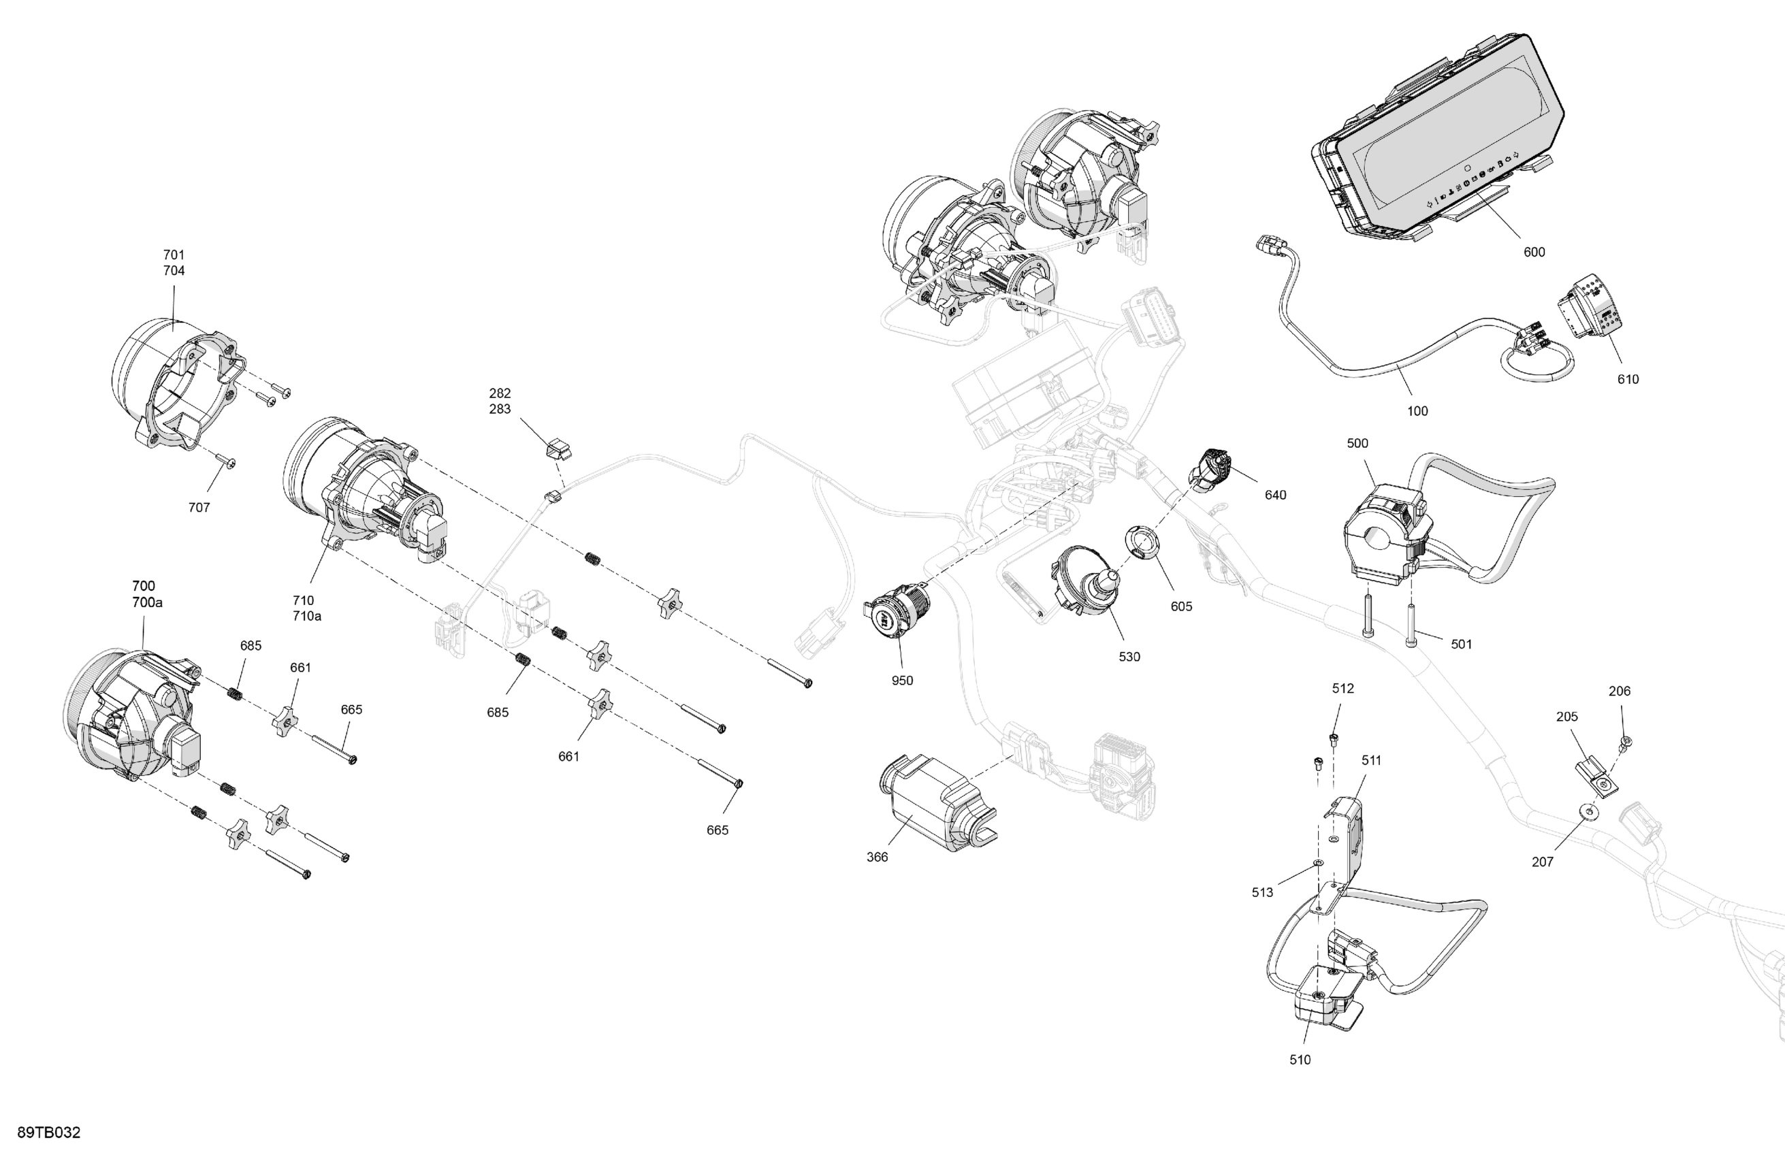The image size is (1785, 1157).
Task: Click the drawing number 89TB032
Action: pyautogui.click(x=49, y=1132)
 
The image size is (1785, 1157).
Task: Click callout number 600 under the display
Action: pyautogui.click(x=1534, y=252)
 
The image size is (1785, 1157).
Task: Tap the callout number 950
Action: pyautogui.click(x=901, y=681)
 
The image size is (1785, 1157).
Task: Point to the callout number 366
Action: pyautogui.click(x=877, y=857)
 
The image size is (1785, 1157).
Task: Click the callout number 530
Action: pyautogui.click(x=1129, y=657)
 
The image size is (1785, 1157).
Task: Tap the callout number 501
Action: pyautogui.click(x=1461, y=644)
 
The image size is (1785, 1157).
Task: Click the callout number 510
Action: pyautogui.click(x=1300, y=1060)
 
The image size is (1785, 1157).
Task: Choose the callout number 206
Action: pyautogui.click(x=1620, y=691)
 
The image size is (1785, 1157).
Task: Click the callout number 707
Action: pyautogui.click(x=199, y=508)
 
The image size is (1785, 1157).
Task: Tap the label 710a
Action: pyautogui.click(x=307, y=617)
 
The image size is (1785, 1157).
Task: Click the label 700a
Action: pyautogui.click(x=147, y=602)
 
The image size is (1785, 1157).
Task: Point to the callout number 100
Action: pyautogui.click(x=1417, y=411)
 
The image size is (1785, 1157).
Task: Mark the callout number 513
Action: pyautogui.click(x=1262, y=892)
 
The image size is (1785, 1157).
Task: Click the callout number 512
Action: pyautogui.click(x=1342, y=688)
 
